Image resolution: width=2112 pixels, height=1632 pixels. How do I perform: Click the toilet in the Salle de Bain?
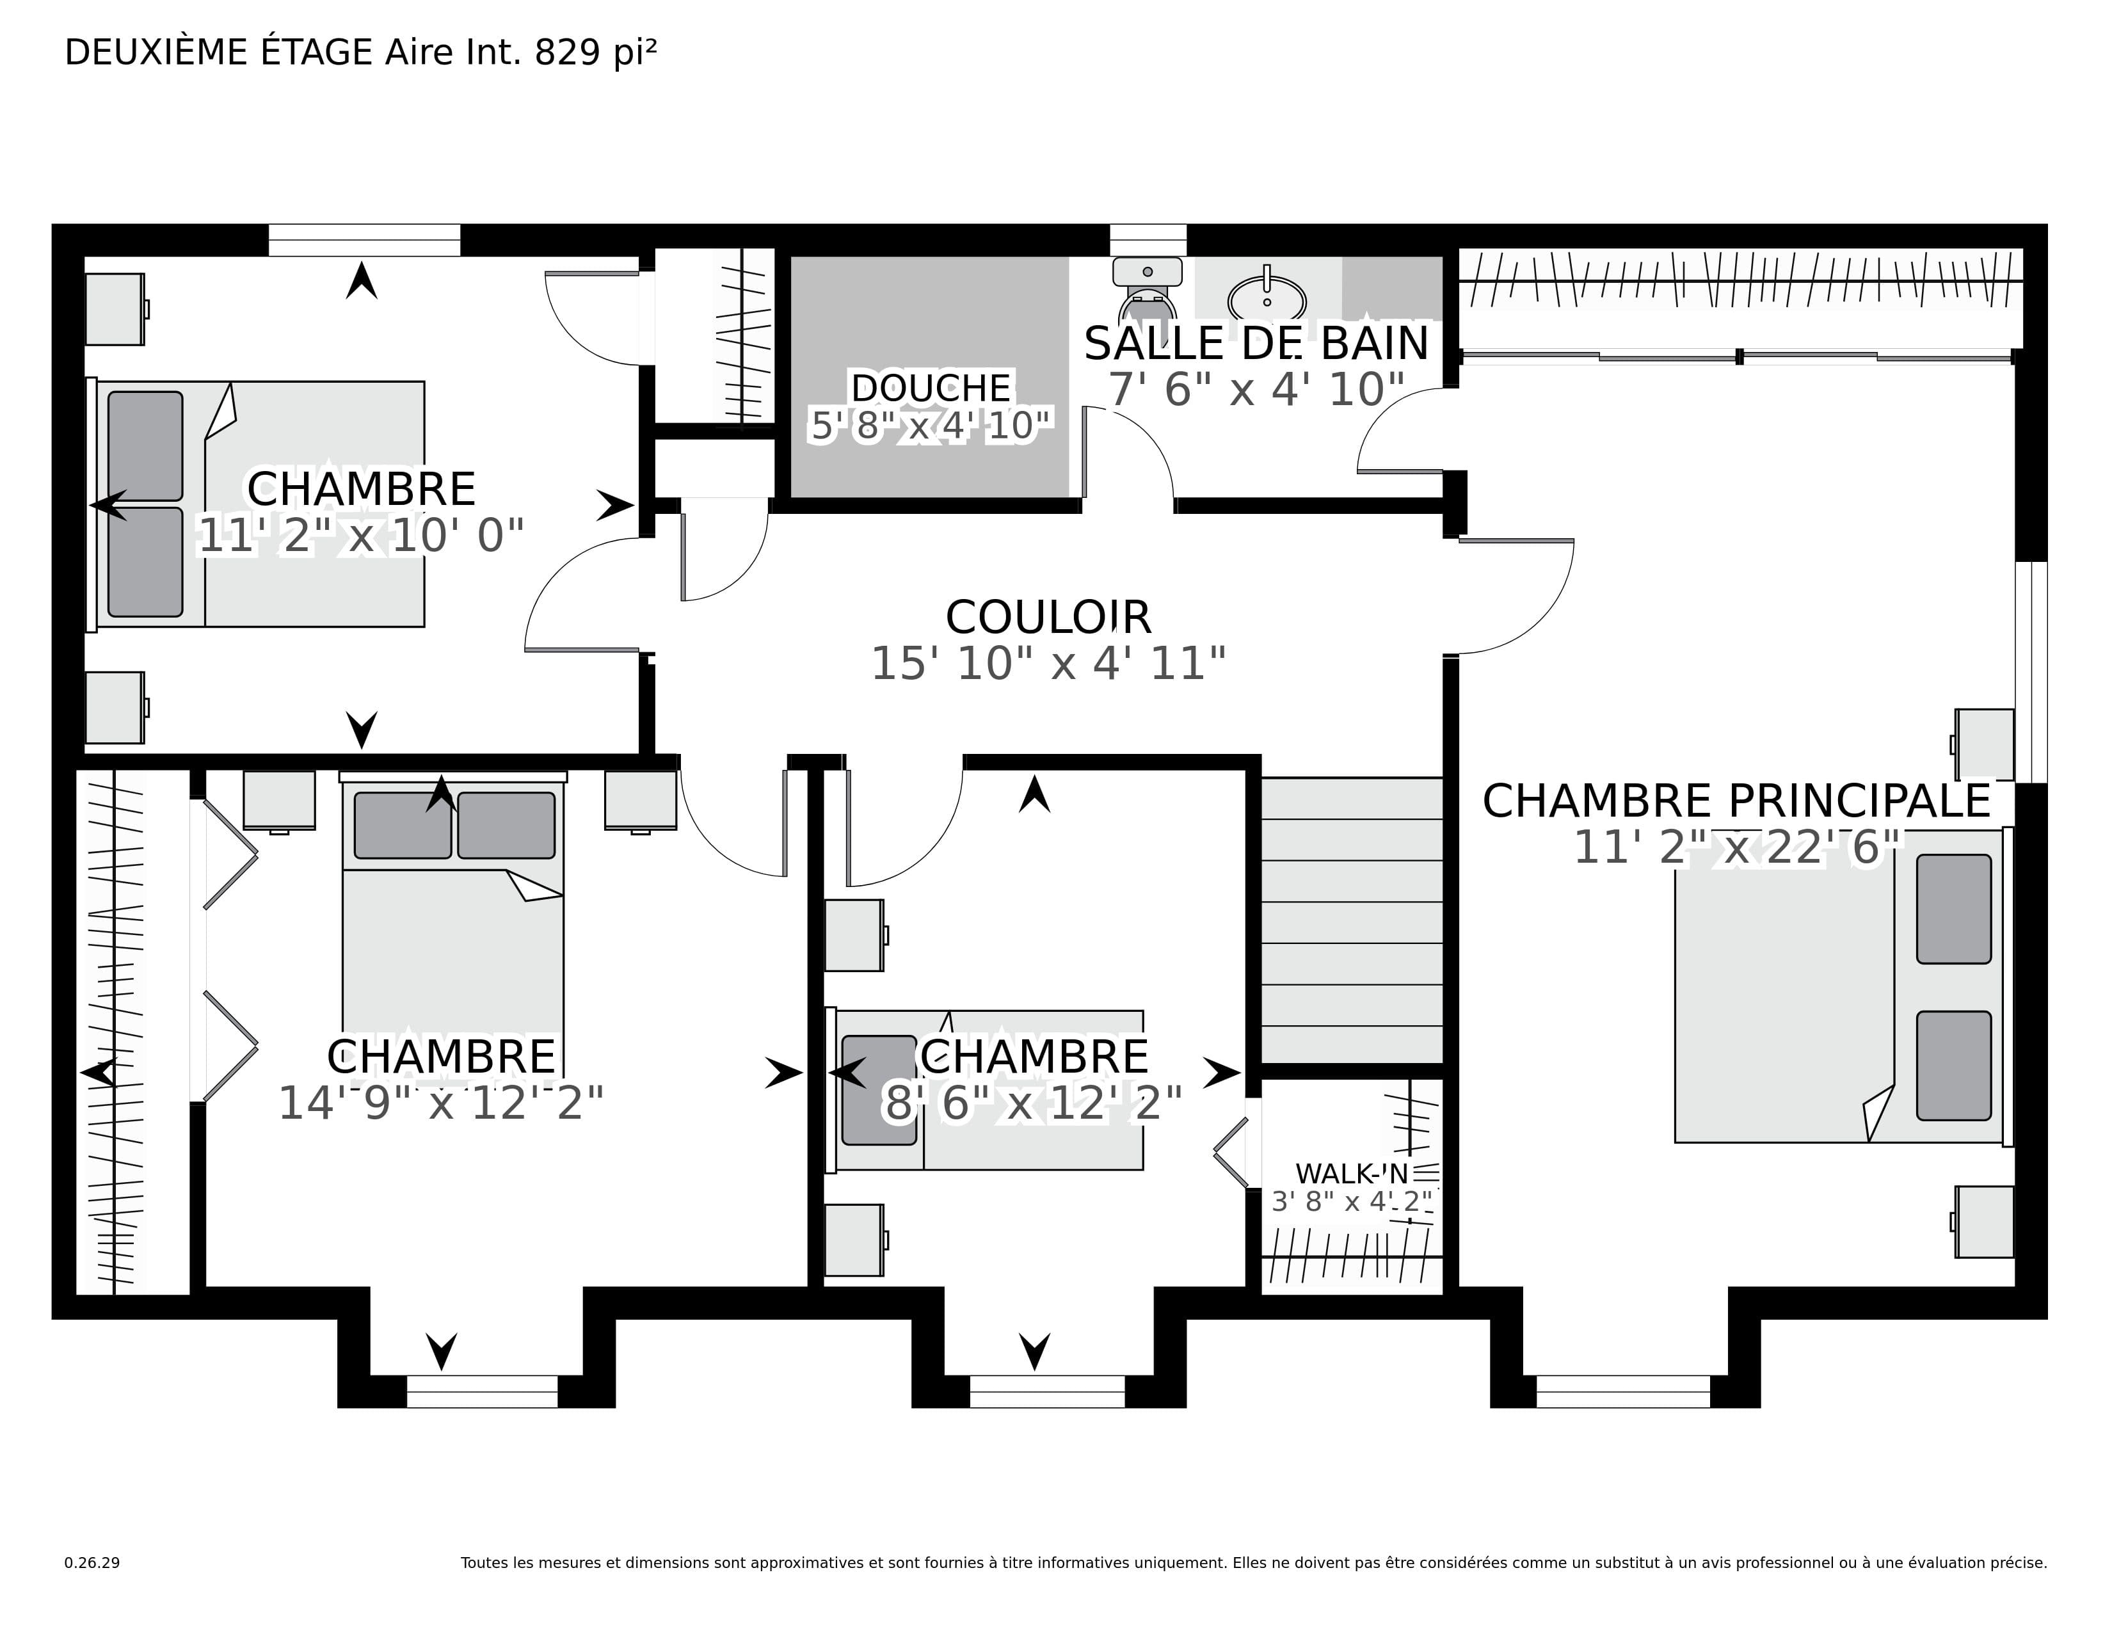[1147, 290]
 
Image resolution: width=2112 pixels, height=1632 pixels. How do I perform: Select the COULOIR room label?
[1048, 617]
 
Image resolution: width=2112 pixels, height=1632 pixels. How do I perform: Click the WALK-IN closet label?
[1352, 1174]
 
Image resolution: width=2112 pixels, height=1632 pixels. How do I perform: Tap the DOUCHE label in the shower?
[931, 388]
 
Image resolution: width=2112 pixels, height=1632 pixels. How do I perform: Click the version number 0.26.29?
[92, 1562]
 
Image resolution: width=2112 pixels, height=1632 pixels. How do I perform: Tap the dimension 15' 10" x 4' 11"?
[1048, 663]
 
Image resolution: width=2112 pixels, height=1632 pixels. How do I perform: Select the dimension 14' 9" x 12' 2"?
[441, 1102]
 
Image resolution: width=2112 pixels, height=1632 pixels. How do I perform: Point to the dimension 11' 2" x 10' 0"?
[361, 534]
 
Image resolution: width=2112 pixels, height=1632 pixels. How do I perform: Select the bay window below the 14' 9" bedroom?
[481, 1391]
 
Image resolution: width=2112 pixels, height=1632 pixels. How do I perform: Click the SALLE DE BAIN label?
[1256, 343]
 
